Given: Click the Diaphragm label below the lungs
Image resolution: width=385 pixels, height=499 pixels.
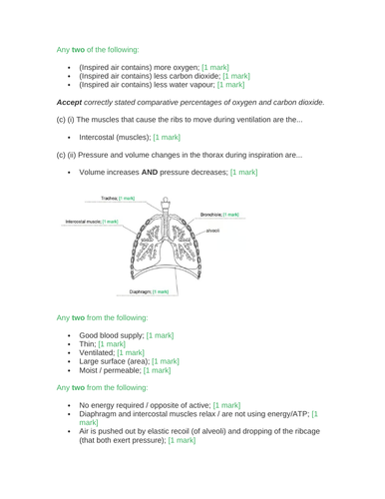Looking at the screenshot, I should click(x=147, y=264).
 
